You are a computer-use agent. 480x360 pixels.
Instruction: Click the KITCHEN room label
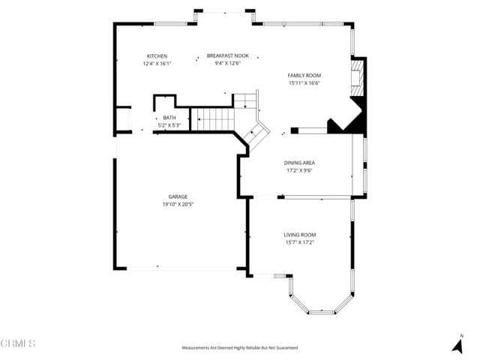pos(157,56)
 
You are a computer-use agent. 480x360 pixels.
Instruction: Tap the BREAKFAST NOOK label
pos(227,55)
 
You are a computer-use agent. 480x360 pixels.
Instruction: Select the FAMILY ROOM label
pos(304,75)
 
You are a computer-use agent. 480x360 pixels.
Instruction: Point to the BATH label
pos(169,118)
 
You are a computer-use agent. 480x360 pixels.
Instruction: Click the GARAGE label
pos(178,196)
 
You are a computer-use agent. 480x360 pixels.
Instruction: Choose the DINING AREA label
pos(298,163)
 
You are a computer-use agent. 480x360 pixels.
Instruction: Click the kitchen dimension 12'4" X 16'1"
pos(157,64)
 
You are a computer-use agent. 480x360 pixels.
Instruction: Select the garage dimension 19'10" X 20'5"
pos(178,204)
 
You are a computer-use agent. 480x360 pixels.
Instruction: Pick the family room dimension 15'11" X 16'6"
pos(304,82)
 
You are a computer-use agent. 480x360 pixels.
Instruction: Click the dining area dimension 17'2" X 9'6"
pos(298,170)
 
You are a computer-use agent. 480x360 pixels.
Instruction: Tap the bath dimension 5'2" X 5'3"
pos(169,124)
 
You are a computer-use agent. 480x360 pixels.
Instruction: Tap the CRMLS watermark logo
pos(18,343)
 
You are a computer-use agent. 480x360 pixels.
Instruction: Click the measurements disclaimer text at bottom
pos(239,348)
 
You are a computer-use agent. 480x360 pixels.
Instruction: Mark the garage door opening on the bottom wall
pos(180,268)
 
